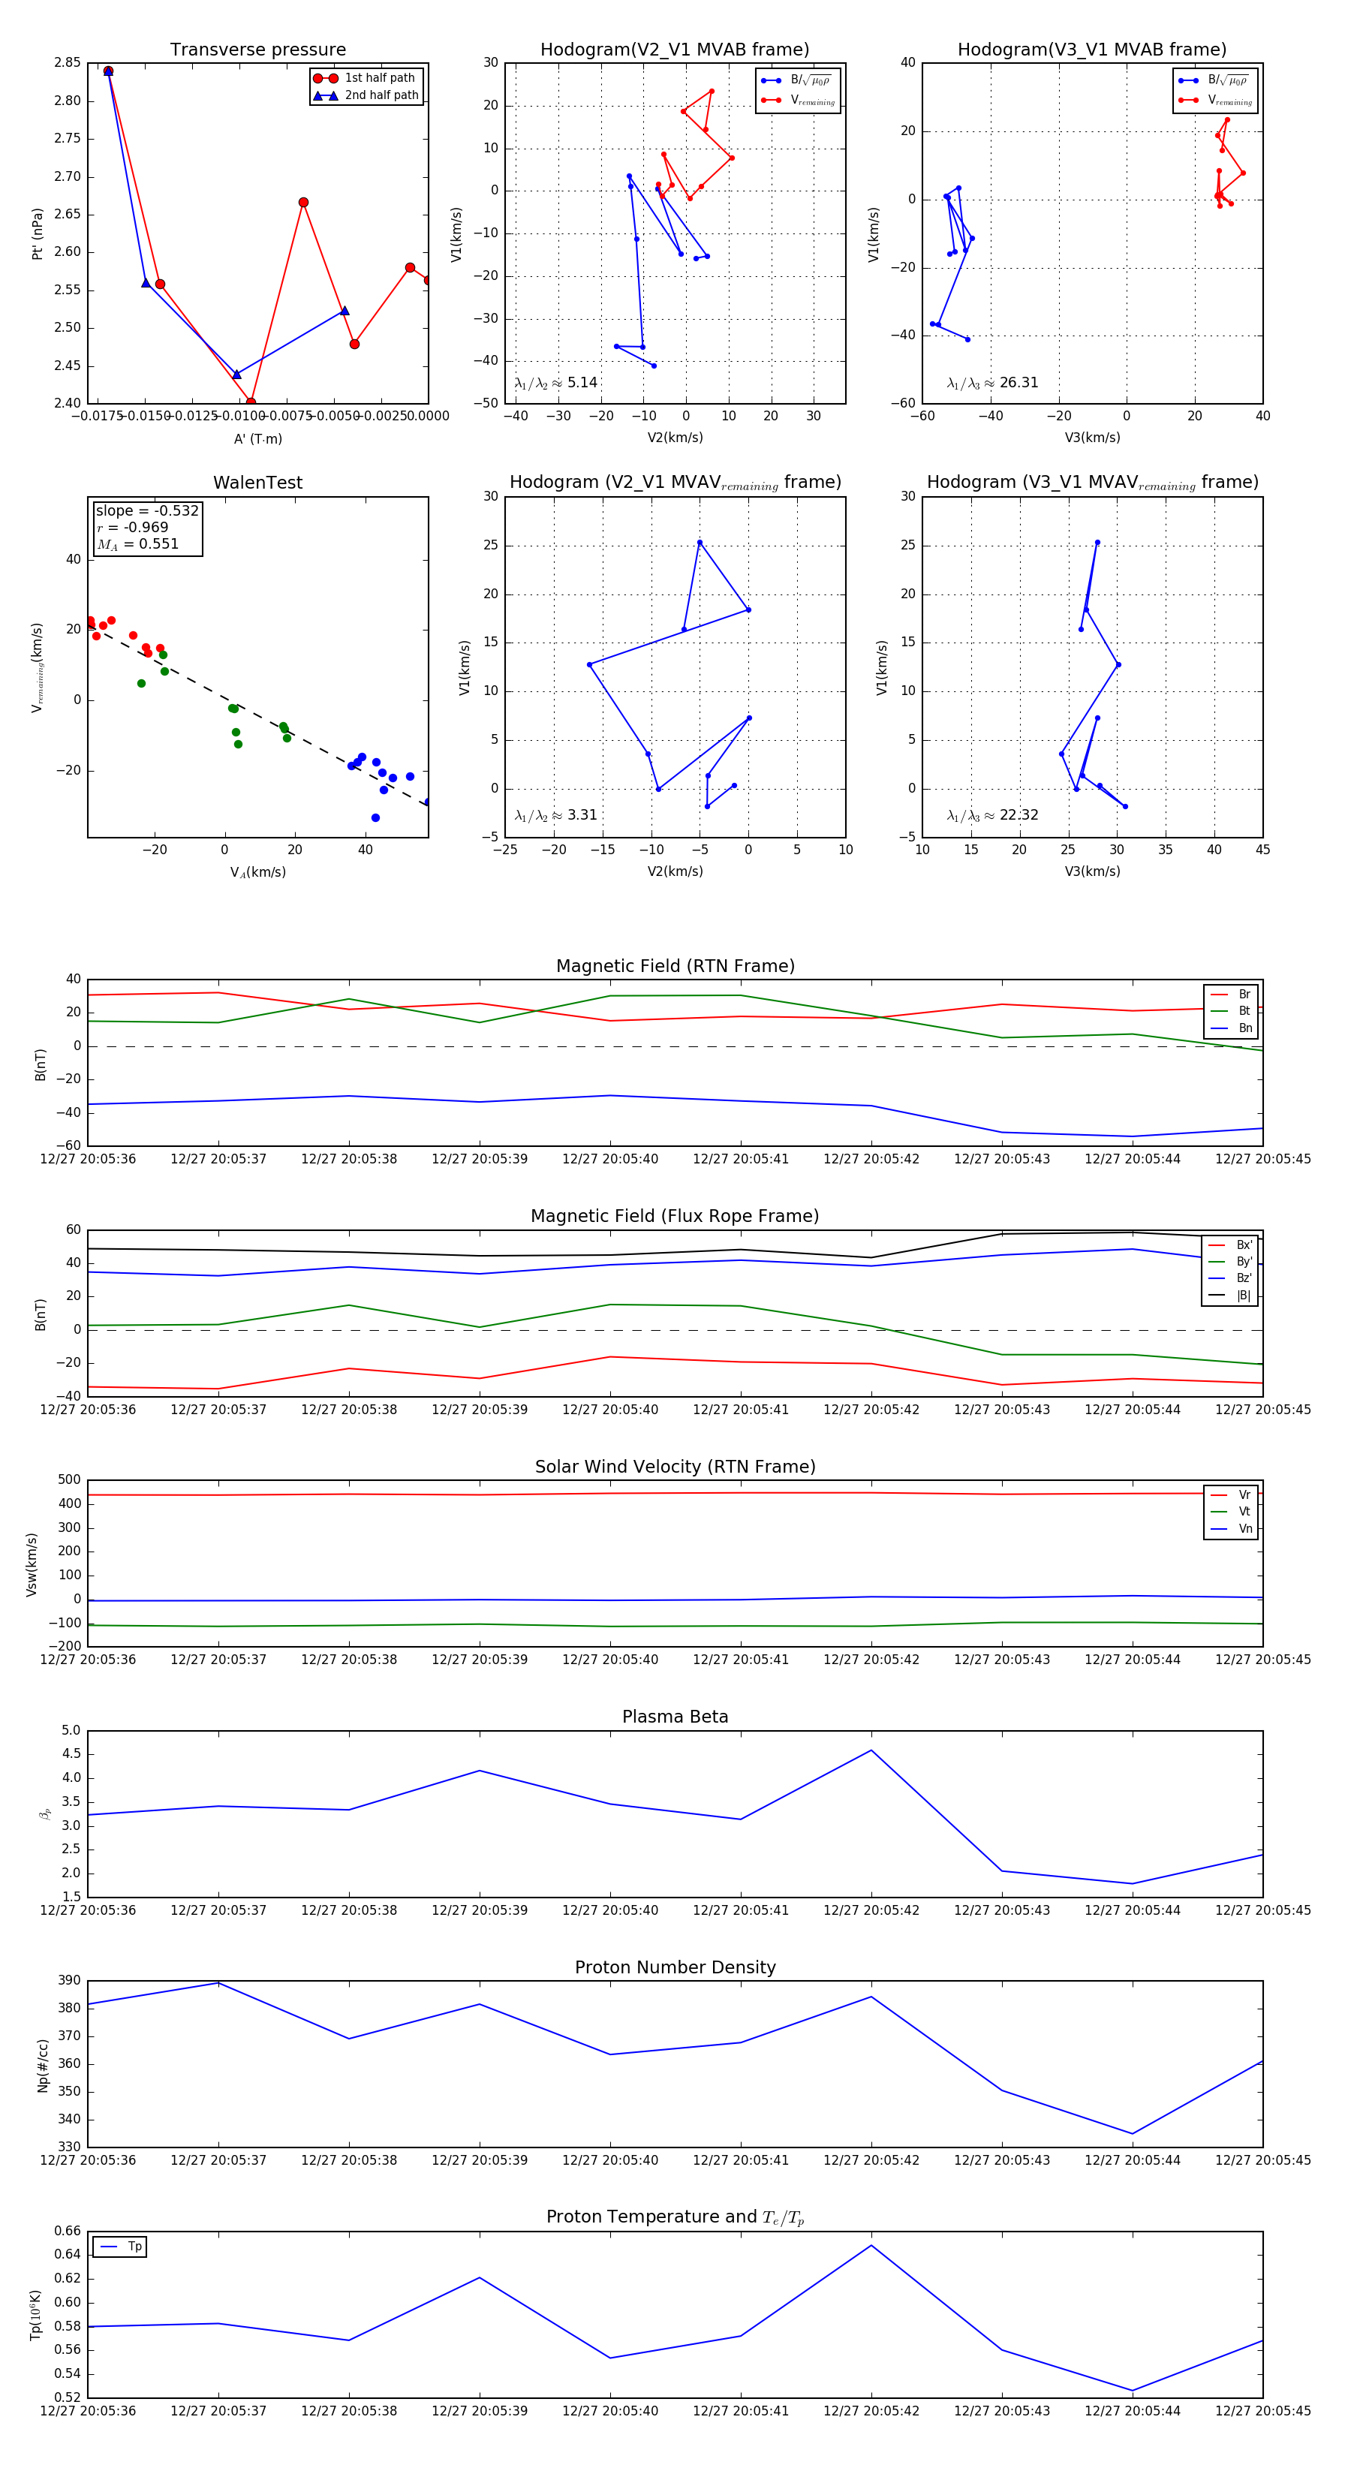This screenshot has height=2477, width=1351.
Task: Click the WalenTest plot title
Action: point(257,483)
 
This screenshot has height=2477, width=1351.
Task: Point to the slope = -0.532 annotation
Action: point(147,510)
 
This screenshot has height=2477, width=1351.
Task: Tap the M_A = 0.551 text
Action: point(137,544)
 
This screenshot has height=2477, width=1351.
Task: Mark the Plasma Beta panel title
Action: point(675,1717)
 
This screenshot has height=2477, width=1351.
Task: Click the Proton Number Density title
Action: point(675,1967)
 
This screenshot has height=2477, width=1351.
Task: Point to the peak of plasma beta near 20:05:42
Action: point(871,1750)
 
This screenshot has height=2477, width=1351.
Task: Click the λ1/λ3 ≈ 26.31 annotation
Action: point(992,383)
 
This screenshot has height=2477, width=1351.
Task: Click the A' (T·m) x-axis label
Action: point(257,438)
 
